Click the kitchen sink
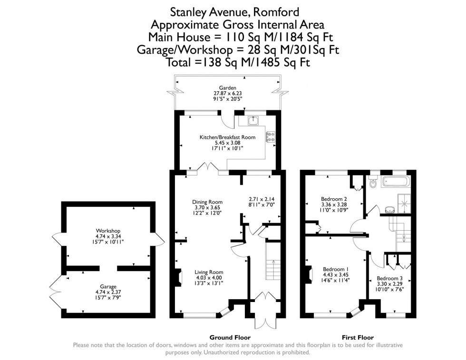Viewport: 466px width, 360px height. pos(252,121)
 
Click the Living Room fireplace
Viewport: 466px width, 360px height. pos(178,278)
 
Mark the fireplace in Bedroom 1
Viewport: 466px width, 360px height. pos(309,275)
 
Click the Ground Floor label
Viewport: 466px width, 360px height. pos(230,337)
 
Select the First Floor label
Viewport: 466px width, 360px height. pos(357,337)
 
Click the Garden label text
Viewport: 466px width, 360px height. pos(227,88)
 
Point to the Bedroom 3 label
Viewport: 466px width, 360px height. pos(389,278)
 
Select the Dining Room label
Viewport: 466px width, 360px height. pos(204,201)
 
